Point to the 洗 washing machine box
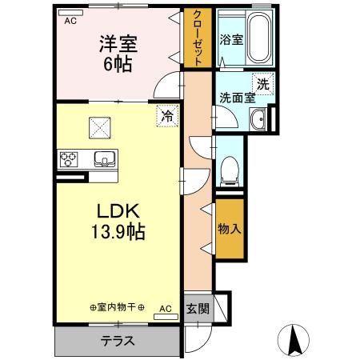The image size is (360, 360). [262, 82]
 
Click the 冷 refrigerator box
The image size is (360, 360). [167, 115]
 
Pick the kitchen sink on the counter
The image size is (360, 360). [103, 156]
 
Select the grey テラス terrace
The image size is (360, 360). [117, 340]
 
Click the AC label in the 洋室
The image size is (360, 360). [70, 22]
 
